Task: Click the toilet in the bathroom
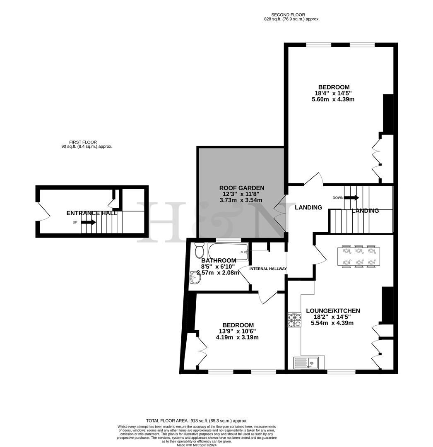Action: coord(200,250)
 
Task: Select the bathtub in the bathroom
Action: coord(228,251)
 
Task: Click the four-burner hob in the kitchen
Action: coord(294,320)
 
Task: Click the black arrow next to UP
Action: coord(88,222)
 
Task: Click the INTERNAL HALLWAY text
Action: coord(268,269)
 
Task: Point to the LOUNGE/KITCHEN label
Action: coord(333,311)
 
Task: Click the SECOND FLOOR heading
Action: coord(291,14)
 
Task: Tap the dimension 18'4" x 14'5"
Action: coord(333,93)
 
